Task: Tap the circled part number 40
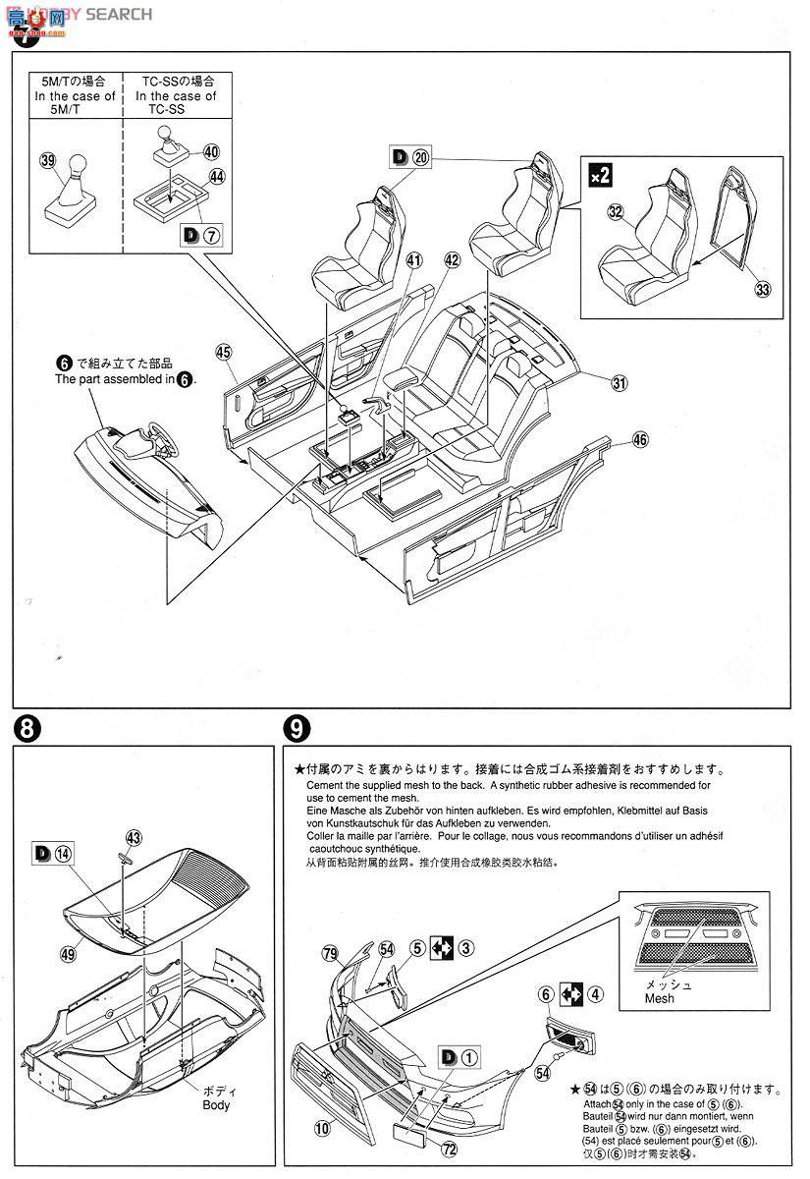211,152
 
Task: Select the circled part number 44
217,178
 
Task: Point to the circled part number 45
223,352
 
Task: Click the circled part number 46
640,440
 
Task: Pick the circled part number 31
619,384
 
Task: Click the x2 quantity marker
600,176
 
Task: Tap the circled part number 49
68,952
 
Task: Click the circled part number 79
330,952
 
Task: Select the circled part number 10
322,1130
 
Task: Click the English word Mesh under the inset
660,998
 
